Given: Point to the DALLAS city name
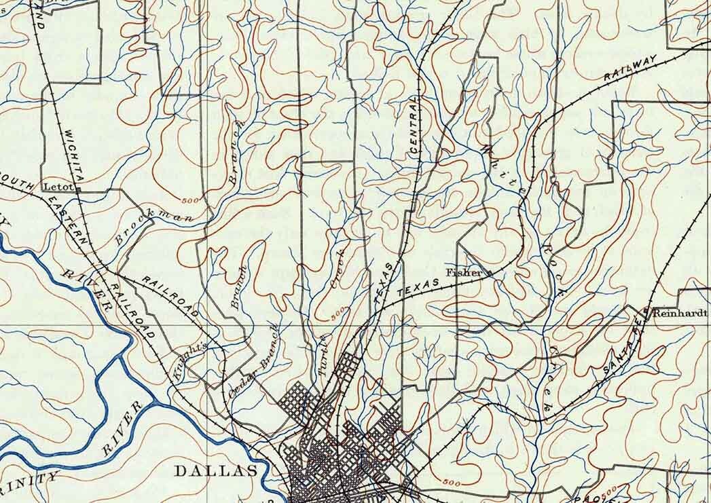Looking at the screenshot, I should coord(217,471).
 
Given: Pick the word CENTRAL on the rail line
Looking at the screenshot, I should coord(416,129).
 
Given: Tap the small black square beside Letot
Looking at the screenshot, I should coord(77,191).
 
